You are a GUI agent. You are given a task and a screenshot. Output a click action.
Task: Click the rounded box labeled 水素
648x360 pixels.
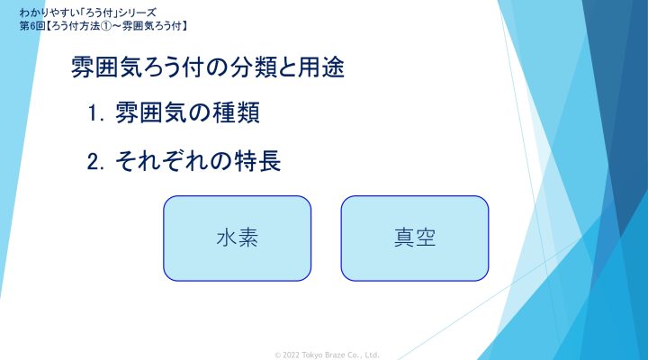click(237, 238)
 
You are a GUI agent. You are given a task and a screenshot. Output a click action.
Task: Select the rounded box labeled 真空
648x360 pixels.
click(415, 238)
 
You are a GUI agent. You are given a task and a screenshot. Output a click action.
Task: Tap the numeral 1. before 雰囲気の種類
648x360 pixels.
click(96, 112)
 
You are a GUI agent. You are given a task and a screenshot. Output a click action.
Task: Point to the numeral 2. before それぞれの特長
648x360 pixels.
click(95, 162)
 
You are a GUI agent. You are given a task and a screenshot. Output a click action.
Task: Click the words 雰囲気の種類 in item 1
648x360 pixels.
click(187, 112)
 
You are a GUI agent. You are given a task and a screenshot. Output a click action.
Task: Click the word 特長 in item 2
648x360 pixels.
click(258, 161)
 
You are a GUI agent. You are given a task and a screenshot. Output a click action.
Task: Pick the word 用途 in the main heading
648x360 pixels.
click(321, 67)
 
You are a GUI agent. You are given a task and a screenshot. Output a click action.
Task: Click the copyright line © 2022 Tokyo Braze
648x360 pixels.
click(327, 355)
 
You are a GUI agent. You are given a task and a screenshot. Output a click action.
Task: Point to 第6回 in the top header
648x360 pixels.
click(32, 26)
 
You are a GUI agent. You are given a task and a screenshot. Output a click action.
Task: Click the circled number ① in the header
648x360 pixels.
click(106, 26)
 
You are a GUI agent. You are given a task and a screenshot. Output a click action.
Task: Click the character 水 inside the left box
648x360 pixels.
click(227, 238)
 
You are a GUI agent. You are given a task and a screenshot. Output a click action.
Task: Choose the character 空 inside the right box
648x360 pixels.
click(426, 238)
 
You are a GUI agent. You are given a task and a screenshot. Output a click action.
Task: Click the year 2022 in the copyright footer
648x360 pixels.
click(291, 355)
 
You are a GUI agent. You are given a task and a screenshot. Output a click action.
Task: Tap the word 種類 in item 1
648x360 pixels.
click(237, 112)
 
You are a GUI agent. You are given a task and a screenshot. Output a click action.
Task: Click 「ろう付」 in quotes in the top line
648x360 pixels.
click(95, 13)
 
